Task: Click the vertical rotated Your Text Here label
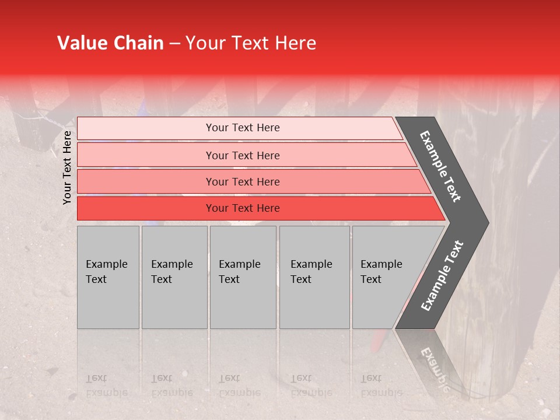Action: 67,167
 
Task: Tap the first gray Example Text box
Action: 108,277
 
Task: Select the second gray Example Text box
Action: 174,277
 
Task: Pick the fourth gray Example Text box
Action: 314,277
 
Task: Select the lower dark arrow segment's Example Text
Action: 442,275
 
